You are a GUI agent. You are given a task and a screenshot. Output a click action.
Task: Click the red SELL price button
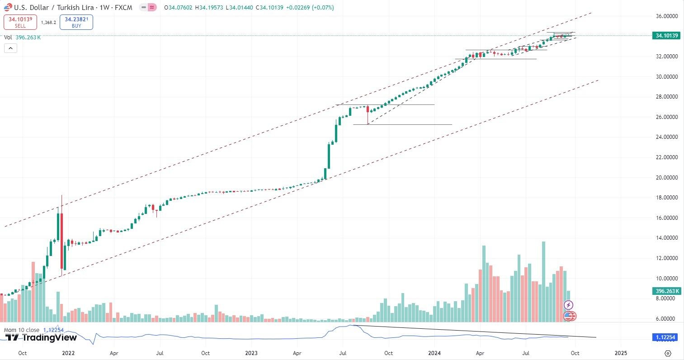point(20,22)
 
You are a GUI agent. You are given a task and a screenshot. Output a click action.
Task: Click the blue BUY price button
point(76,22)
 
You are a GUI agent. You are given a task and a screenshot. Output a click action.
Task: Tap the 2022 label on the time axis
point(68,353)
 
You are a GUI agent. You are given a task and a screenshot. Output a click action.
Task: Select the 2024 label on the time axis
point(434,353)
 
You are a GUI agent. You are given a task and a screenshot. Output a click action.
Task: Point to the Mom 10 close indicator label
point(22,330)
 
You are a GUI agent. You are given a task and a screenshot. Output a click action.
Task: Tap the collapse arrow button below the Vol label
point(10,48)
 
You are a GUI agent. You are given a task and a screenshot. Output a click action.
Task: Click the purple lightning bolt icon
point(569,305)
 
